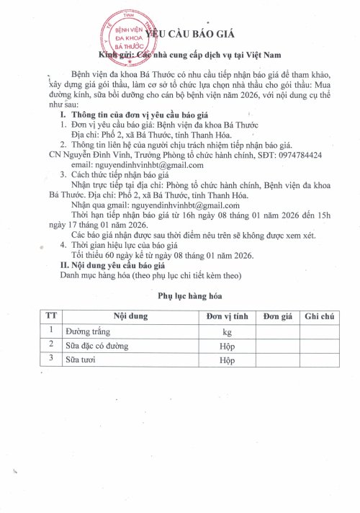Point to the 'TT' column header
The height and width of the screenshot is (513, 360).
pos(50,316)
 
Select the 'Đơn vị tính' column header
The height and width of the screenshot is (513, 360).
pos(227,316)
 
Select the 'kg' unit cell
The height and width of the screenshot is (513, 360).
pos(227,331)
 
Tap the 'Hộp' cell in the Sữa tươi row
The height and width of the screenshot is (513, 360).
pos(227,359)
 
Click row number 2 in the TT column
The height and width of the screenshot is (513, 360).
pos(50,345)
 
